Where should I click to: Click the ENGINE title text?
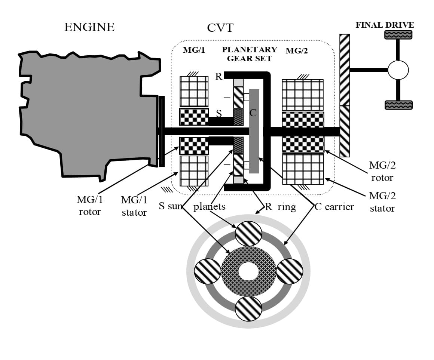[x=89, y=27]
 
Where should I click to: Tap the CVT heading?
[x=220, y=28]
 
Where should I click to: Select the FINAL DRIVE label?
[x=385, y=25]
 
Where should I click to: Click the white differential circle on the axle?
[x=398, y=70]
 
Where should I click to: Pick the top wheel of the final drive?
[x=398, y=35]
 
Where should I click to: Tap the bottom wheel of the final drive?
[x=398, y=105]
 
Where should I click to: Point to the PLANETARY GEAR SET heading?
[x=250, y=54]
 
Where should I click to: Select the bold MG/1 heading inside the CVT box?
[x=194, y=50]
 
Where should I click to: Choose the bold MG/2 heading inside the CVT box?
[x=296, y=50]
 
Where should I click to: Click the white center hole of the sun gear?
[x=248, y=271]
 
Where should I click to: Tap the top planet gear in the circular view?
[x=248, y=234]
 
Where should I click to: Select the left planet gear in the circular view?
[x=208, y=271]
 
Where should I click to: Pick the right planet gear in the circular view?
[x=290, y=271]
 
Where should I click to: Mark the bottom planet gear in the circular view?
[x=248, y=309]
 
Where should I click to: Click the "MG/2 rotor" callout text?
[x=382, y=171]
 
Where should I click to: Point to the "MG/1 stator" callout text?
[x=134, y=206]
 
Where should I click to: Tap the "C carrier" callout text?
[x=334, y=207]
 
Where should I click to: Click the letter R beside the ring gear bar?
[x=218, y=77]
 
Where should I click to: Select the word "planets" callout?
[x=209, y=207]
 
